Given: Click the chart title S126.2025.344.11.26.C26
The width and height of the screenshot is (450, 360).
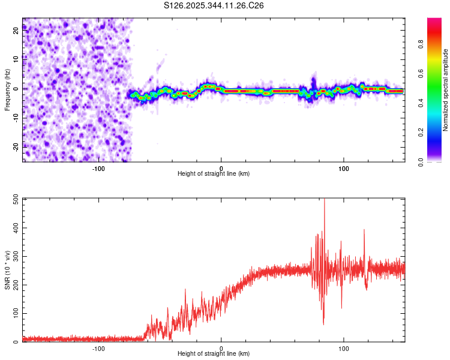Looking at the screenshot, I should [x=214, y=5].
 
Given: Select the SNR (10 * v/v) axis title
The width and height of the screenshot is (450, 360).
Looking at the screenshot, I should [x=7, y=270].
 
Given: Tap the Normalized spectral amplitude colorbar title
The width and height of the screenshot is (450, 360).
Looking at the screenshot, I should [x=445, y=90].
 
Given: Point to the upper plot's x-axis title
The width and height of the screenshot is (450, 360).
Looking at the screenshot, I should [x=214, y=173].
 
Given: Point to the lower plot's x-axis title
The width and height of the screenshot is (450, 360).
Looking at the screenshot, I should [x=214, y=353].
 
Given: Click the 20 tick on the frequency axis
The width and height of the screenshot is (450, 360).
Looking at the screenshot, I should [x=16, y=31].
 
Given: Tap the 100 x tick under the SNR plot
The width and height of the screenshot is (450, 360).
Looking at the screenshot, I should [x=344, y=348].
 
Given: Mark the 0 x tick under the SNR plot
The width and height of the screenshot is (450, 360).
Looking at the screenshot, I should [x=221, y=348].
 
